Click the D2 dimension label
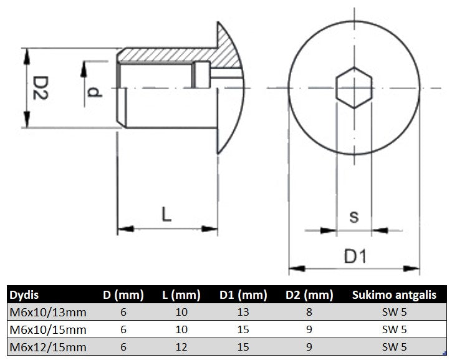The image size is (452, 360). pyautogui.click(x=40, y=88)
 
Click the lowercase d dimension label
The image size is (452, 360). pyautogui.click(x=94, y=92)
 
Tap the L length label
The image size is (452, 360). pyautogui.click(x=166, y=214)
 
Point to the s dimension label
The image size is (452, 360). pyautogui.click(x=354, y=217)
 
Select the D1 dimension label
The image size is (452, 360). pyautogui.click(x=355, y=256)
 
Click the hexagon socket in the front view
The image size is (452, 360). pyautogui.click(x=354, y=88)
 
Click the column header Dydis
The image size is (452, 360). pyautogui.click(x=24, y=295)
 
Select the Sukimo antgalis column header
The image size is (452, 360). pyautogui.click(x=394, y=295)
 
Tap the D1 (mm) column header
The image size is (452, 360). pyautogui.click(x=243, y=295)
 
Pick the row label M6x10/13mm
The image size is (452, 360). pyautogui.click(x=48, y=313)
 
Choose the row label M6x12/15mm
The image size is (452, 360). pyautogui.click(x=48, y=347)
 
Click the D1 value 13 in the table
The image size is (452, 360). pyautogui.click(x=243, y=312)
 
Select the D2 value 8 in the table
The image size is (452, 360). pyautogui.click(x=309, y=312)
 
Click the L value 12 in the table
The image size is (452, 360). pyautogui.click(x=181, y=347)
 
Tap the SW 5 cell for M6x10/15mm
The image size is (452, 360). pyautogui.click(x=394, y=329)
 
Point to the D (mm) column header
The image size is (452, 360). pyautogui.click(x=123, y=295)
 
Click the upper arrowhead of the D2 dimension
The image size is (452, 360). pyautogui.click(x=27, y=56)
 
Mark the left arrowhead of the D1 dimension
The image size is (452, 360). pyautogui.click(x=297, y=268)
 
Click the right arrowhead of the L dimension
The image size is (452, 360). pyautogui.click(x=209, y=229)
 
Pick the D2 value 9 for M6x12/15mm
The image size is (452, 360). pyautogui.click(x=309, y=347)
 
